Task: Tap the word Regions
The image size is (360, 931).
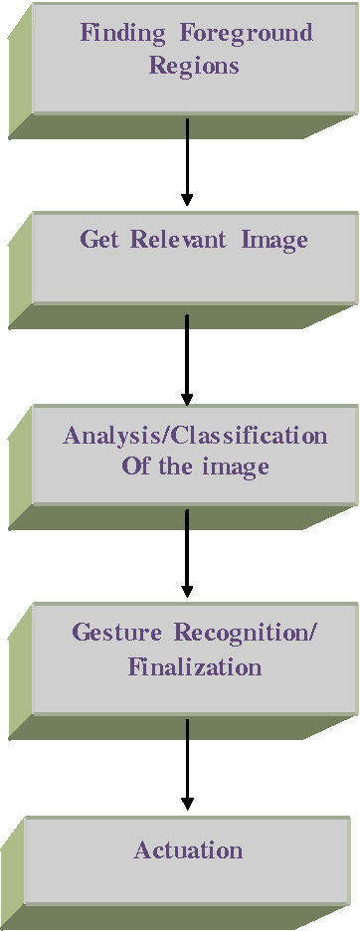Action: (194, 67)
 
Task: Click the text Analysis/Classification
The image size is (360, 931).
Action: (195, 436)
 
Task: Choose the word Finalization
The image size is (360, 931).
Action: (195, 666)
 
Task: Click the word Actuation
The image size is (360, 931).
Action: (188, 850)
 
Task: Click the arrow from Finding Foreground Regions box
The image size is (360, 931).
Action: (186, 159)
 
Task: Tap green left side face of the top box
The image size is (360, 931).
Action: (20, 70)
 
